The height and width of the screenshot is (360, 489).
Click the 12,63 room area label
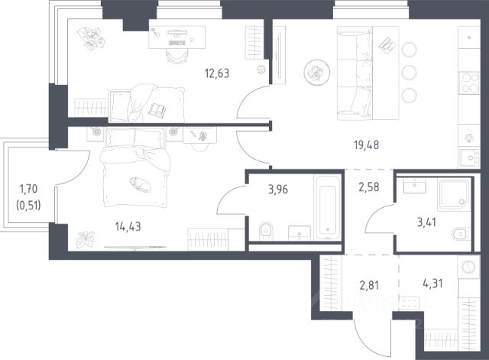217,73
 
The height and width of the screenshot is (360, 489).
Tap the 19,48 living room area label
367,145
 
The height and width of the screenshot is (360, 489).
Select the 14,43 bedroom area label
128,227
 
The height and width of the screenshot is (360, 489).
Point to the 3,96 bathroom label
278,190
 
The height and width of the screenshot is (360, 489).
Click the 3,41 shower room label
426,222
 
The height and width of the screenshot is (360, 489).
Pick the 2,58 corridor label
369,187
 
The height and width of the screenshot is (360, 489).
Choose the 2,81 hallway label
369,285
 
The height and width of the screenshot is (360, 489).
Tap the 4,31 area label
432,284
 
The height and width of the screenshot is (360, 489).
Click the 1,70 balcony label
28,189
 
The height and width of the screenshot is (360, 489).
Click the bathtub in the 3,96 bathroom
328,208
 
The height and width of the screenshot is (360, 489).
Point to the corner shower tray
454,194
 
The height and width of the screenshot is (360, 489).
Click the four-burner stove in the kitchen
469,83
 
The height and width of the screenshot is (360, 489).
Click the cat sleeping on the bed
141,184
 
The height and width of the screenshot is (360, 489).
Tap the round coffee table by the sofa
317,73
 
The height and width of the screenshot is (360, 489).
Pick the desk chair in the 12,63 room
177,56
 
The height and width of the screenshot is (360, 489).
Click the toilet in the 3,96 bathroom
266,232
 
